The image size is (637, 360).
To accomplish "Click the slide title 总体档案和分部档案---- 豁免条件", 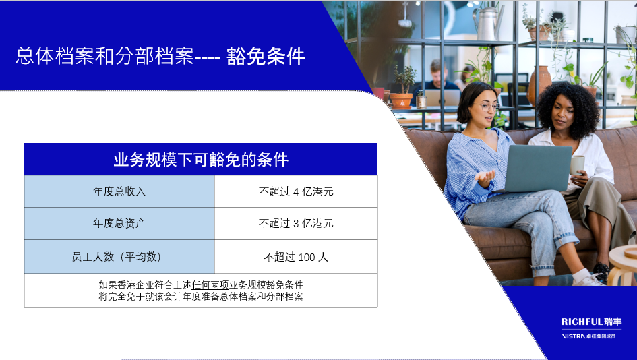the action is tap(160, 56).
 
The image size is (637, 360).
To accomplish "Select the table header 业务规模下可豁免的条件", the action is tap(201, 159).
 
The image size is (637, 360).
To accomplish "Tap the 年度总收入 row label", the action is tap(119, 191).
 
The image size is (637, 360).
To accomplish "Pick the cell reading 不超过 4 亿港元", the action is tap(296, 191).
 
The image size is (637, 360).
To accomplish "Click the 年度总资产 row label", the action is tap(119, 223).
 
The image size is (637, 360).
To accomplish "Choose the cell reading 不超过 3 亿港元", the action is tap(296, 223).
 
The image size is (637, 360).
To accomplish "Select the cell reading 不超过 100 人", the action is tap(296, 257).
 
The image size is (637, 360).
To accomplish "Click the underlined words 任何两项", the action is tap(210, 284).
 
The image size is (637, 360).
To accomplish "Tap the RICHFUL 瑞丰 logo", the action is tap(592, 322).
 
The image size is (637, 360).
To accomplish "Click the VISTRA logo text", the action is tap(574, 336).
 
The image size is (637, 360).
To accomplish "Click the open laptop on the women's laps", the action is tap(537, 169).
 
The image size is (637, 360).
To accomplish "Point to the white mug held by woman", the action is tap(577, 165).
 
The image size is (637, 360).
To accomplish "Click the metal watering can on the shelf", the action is tap(488, 23).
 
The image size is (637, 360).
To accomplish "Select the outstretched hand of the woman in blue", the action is tap(485, 178).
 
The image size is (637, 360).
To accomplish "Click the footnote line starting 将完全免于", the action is tap(201, 297).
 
